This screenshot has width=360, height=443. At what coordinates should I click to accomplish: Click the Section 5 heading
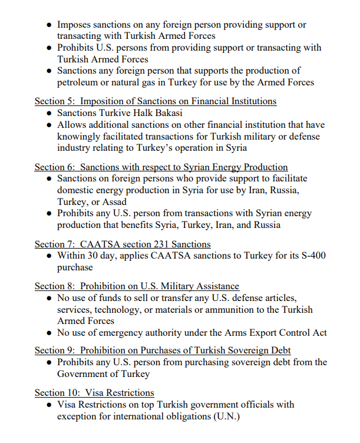pyautogui.click(x=155, y=101)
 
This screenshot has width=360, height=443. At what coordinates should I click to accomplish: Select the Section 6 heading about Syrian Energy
pyautogui.click(x=161, y=167)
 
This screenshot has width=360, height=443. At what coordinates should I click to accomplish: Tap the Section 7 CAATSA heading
pyautogui.click(x=122, y=244)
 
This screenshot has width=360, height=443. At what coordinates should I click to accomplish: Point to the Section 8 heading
pyautogui.click(x=137, y=286)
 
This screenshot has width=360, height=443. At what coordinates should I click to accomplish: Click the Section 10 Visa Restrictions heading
pyautogui.click(x=94, y=392)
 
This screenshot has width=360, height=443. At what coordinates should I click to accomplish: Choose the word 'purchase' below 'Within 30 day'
pyautogui.click(x=75, y=267)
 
